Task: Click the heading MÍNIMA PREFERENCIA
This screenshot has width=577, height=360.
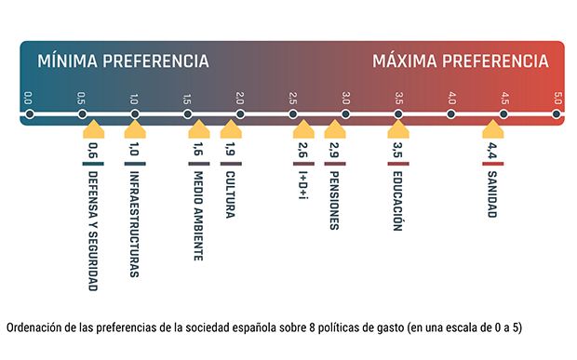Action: tap(123, 61)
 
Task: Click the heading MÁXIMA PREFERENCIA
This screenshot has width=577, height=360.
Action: tap(460, 61)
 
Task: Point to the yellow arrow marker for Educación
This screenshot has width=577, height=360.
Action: tap(398, 129)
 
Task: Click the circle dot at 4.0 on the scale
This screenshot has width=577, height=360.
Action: tap(451, 114)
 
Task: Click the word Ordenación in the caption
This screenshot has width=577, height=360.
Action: tap(33, 329)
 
